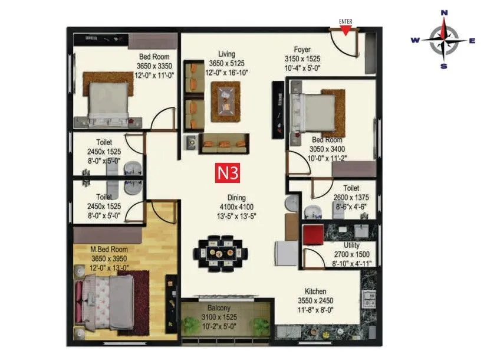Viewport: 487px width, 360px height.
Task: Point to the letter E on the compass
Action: [x=472, y=40]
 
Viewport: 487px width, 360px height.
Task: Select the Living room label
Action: [x=226, y=54]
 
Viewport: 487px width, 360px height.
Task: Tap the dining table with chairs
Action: [x=221, y=253]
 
